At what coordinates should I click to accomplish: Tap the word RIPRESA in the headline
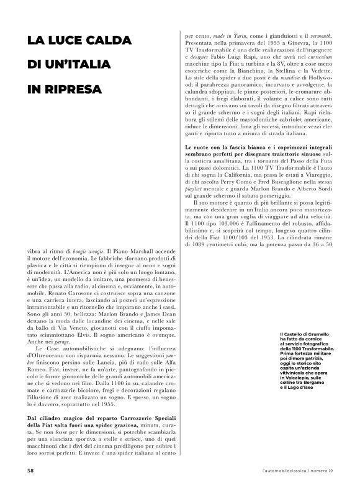pyautogui.click(x=75, y=89)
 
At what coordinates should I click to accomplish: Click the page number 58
pyautogui.click(x=30, y=471)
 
